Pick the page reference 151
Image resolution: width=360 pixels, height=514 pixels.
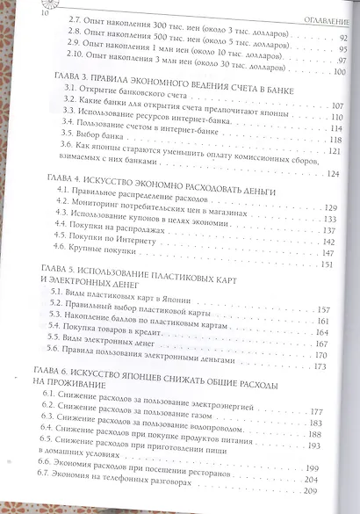(330, 264)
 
